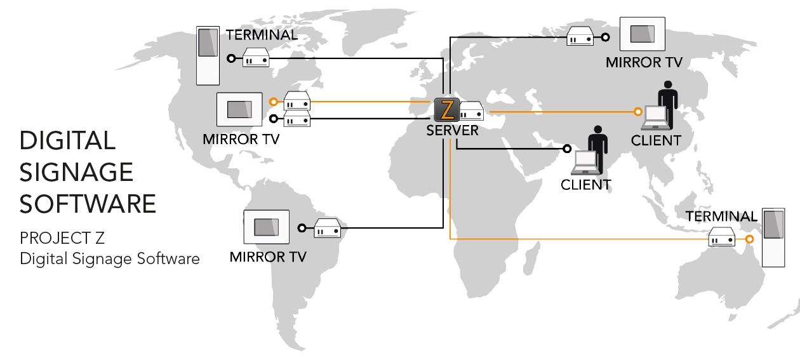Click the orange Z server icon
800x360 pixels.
[x=447, y=110]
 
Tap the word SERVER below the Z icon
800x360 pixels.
[x=452, y=130]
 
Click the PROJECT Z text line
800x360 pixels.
[x=62, y=238]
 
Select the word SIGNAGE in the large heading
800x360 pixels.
[x=76, y=171]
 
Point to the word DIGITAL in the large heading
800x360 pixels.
[x=67, y=140]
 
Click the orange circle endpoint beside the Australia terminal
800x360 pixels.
[x=750, y=239]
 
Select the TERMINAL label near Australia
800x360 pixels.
[x=721, y=217]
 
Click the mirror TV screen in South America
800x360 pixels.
[x=266, y=227]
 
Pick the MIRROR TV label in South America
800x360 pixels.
[x=268, y=257]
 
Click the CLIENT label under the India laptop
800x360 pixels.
[x=585, y=185]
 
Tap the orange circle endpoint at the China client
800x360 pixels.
[x=638, y=112]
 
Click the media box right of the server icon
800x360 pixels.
[x=472, y=112]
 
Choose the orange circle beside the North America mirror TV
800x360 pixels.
[x=273, y=102]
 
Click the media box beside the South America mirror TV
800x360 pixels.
[x=328, y=229]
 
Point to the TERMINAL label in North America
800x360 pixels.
[x=262, y=35]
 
